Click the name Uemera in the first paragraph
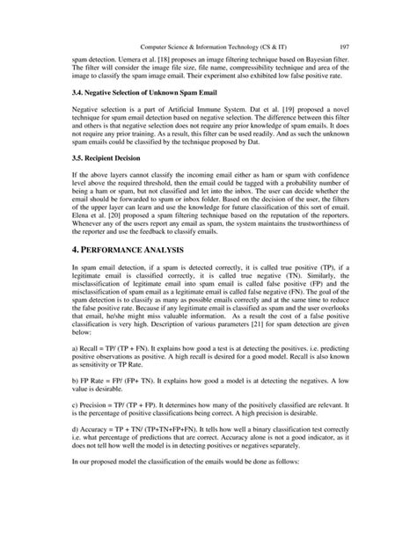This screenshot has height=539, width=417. coord(114,54)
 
